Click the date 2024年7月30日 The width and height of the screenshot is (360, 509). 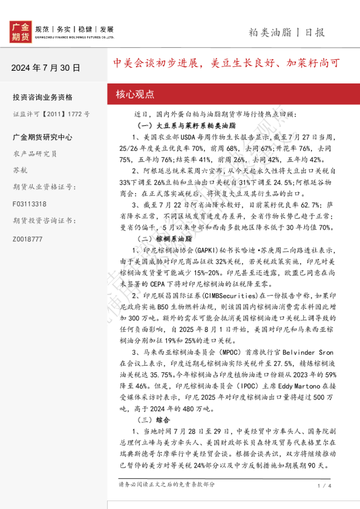45,68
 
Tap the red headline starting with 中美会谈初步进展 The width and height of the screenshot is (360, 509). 227,63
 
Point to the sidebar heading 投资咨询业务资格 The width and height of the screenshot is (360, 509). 42,97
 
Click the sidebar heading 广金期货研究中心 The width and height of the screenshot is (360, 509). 42,137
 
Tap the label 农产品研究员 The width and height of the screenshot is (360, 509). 34,154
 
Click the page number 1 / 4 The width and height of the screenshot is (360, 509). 324,485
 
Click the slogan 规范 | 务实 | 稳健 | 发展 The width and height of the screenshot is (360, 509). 74,29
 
